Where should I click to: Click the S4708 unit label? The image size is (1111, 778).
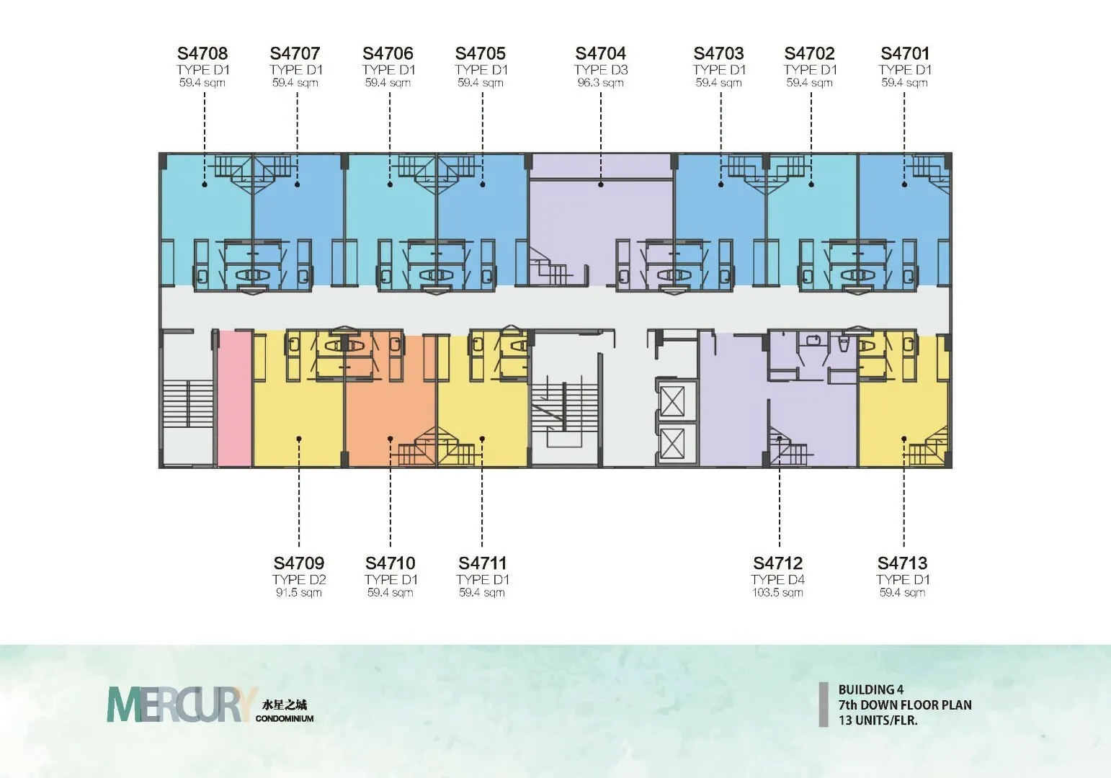202,53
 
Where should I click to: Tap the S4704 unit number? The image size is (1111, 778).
601,53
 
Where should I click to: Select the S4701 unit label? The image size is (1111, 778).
905,53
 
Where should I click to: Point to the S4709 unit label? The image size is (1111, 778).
298,563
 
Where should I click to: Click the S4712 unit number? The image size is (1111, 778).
777,563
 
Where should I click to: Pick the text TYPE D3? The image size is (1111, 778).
601,70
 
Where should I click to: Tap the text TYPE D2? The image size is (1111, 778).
298,580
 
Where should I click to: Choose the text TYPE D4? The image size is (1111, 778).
777,580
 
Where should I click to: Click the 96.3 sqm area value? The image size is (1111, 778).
600,83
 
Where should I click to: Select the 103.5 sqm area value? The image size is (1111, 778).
777,593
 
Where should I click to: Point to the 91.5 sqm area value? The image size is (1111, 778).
298,593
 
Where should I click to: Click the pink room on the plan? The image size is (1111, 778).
235,398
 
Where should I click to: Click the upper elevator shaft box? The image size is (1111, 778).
672,401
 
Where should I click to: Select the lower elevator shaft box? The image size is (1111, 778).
672,444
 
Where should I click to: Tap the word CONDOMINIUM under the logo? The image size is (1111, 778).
285,718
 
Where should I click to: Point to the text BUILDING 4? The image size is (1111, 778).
871,689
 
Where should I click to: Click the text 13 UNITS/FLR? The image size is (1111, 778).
878,720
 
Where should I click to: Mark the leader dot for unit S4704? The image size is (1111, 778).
601,184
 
